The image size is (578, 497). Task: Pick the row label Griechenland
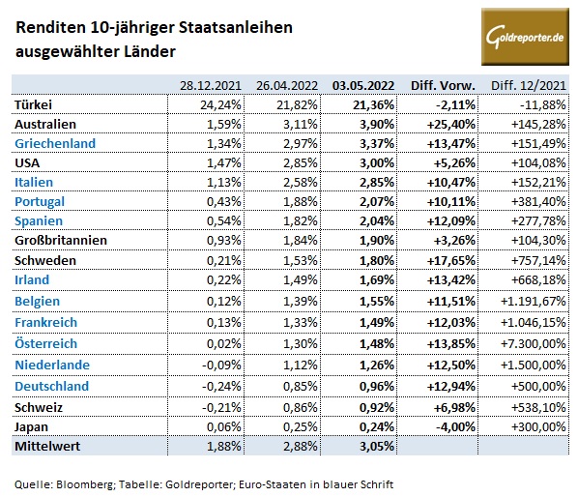click(53, 142)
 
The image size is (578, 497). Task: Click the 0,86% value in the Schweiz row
click(300, 405)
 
